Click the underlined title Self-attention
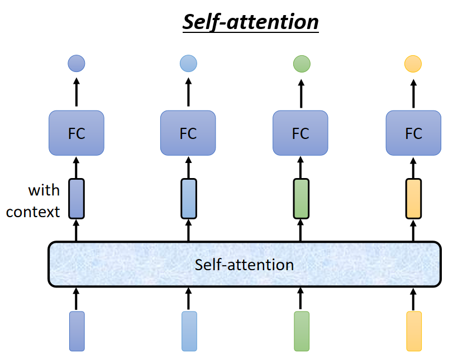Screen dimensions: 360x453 coord(250,22)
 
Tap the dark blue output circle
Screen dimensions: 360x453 coord(77,64)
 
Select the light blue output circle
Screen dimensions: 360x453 coord(188,64)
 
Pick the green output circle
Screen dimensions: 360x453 coord(301,64)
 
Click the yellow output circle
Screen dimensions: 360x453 coord(413,64)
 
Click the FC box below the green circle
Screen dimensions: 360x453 coord(301,133)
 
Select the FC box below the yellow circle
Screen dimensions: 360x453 coord(413,133)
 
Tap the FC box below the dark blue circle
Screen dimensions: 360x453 coord(77,133)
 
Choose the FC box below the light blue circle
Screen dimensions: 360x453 coord(188,133)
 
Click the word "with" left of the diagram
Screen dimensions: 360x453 coord(44,190)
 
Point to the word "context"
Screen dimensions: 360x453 coord(34,212)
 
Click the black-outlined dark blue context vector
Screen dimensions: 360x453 coord(77,199)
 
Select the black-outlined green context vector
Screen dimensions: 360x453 coord(301,199)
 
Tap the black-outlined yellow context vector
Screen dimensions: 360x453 coord(413,199)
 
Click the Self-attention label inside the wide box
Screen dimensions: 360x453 coord(244,265)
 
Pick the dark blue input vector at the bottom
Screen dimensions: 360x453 coord(77,332)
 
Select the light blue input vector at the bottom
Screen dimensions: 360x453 coord(189,332)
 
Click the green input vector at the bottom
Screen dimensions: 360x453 coord(301,332)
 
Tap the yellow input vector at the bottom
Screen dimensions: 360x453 coord(413,332)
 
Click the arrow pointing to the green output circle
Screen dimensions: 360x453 coord(301,92)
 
